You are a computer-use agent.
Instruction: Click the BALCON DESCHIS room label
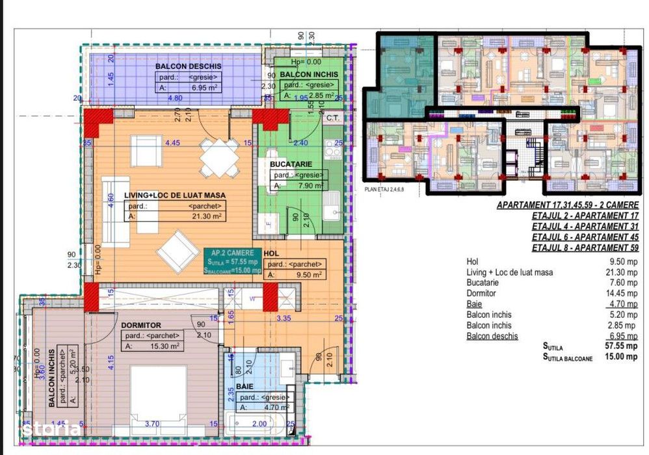point(188,66)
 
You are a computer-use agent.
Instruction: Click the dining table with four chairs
point(219,158)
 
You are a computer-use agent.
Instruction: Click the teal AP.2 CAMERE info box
point(232,261)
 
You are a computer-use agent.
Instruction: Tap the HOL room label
point(272,253)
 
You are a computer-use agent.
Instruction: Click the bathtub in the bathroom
point(259,426)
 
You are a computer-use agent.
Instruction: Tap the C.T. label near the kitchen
point(334,118)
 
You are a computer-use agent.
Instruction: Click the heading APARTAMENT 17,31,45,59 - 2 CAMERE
point(568,204)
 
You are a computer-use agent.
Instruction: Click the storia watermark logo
point(51,429)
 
